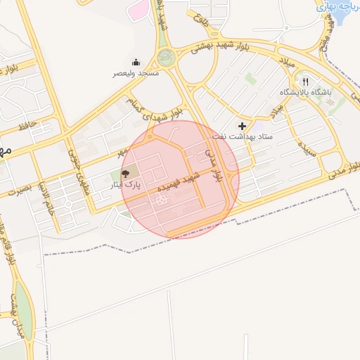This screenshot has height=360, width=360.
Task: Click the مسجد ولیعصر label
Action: coord(139,73)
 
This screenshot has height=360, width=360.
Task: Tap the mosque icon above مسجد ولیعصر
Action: coord(136,63)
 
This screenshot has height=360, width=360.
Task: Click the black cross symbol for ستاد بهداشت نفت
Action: coord(243,125)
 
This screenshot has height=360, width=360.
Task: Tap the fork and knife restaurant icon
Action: coord(305,81)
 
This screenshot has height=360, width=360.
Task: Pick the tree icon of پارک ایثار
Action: coord(126,172)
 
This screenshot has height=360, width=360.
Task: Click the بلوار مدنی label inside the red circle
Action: coord(212,162)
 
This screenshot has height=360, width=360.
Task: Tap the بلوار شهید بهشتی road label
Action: coord(216,46)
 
